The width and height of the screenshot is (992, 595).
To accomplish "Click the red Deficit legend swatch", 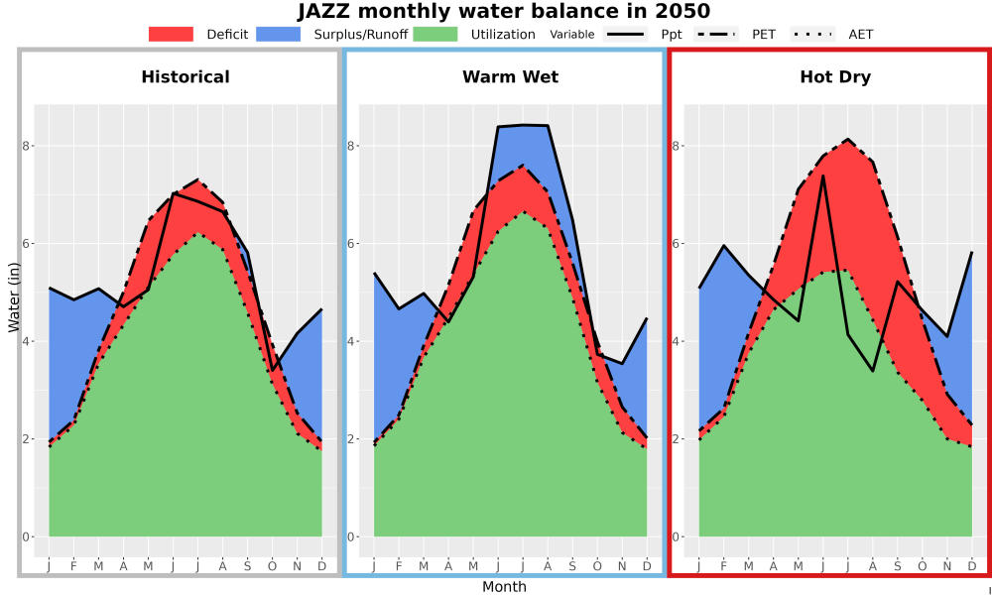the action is pyautogui.click(x=171, y=34).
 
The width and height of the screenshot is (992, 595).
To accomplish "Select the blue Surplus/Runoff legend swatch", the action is pyautogui.click(x=279, y=34).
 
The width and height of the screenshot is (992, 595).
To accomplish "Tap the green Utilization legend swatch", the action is pyautogui.click(x=435, y=34).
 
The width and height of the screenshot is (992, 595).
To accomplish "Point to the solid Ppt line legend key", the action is pyautogui.click(x=625, y=34).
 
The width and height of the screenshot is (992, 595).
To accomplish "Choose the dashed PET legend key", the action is pyautogui.click(x=716, y=34).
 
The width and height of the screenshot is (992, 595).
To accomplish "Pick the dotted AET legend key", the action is pyautogui.click(x=813, y=34).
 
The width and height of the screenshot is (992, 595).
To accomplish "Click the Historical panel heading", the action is pyautogui.click(x=186, y=77).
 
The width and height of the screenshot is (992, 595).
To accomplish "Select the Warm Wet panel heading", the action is pyautogui.click(x=511, y=77).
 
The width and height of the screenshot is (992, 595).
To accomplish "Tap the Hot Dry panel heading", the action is pyautogui.click(x=835, y=77).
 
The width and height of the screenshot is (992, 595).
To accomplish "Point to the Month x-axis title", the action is pyautogui.click(x=504, y=587).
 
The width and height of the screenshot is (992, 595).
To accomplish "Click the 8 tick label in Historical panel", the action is pyautogui.click(x=26, y=146).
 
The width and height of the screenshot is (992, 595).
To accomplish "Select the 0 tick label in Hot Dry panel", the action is pyautogui.click(x=676, y=536).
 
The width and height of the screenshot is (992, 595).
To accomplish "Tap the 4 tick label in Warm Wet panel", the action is pyautogui.click(x=350, y=341).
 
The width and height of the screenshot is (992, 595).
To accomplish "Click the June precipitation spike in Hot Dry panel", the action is pyautogui.click(x=822, y=177).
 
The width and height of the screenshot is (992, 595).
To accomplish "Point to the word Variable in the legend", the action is pyautogui.click(x=572, y=35).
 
